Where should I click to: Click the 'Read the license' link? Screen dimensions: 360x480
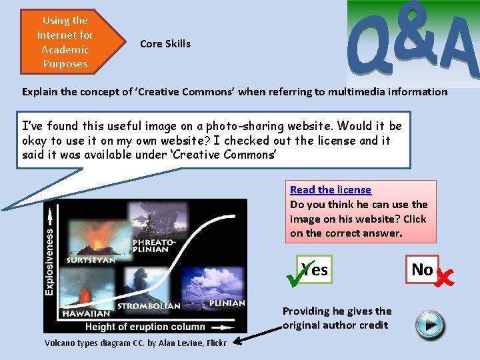coord(331,190)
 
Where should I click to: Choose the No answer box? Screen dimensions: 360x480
coord(423,269)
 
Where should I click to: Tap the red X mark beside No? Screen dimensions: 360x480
coord(444,273)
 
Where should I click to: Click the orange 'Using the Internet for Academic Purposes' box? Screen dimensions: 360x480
coord(65,42)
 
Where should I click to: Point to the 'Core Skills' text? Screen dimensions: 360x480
coord(165,44)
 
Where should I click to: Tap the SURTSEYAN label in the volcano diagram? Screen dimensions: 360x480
coord(91,260)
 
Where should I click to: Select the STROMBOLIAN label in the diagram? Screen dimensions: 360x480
coord(149,306)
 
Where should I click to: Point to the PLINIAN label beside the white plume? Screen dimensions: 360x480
coord(227,303)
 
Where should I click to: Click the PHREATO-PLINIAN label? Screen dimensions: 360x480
coord(155,245)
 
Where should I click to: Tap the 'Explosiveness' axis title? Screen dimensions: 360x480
coord(49,261)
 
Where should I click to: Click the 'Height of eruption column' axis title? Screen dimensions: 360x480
coord(145,327)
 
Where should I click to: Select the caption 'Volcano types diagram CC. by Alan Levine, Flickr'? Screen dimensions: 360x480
coord(135,343)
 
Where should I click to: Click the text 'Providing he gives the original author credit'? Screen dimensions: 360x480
coord(337,318)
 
